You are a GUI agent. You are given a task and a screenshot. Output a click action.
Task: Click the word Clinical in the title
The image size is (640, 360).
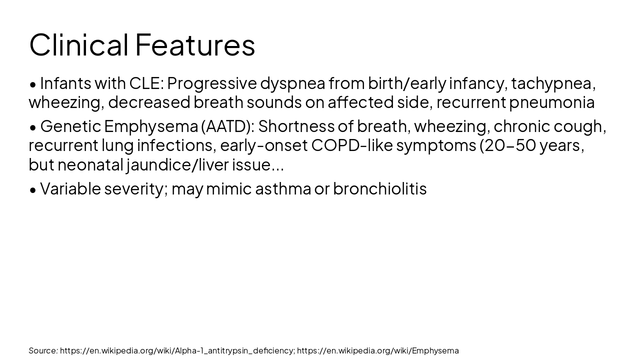(x=79, y=45)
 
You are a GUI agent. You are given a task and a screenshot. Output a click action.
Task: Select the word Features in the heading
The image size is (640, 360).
(x=195, y=45)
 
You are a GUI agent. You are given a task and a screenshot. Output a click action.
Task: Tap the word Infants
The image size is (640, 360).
(x=65, y=83)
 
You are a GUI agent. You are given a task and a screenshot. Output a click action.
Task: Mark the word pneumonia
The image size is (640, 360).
(x=552, y=103)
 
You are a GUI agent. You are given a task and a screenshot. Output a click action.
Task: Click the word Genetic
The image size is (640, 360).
(x=71, y=126)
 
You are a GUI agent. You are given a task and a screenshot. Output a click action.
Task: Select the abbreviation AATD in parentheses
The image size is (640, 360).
(x=227, y=126)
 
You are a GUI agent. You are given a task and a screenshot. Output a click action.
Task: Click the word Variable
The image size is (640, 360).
(x=70, y=188)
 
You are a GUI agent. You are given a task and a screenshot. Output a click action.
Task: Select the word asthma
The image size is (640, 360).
(x=283, y=188)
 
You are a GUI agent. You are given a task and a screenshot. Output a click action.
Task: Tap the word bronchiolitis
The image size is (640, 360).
(x=379, y=188)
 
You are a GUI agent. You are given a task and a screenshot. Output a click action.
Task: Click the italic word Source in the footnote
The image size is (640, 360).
(x=43, y=350)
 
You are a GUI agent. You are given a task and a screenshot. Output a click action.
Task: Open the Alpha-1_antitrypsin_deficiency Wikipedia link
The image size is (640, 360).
(x=177, y=351)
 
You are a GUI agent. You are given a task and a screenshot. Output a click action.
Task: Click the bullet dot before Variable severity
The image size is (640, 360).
(x=33, y=190)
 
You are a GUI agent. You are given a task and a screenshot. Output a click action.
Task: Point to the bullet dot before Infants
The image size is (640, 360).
(x=33, y=85)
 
